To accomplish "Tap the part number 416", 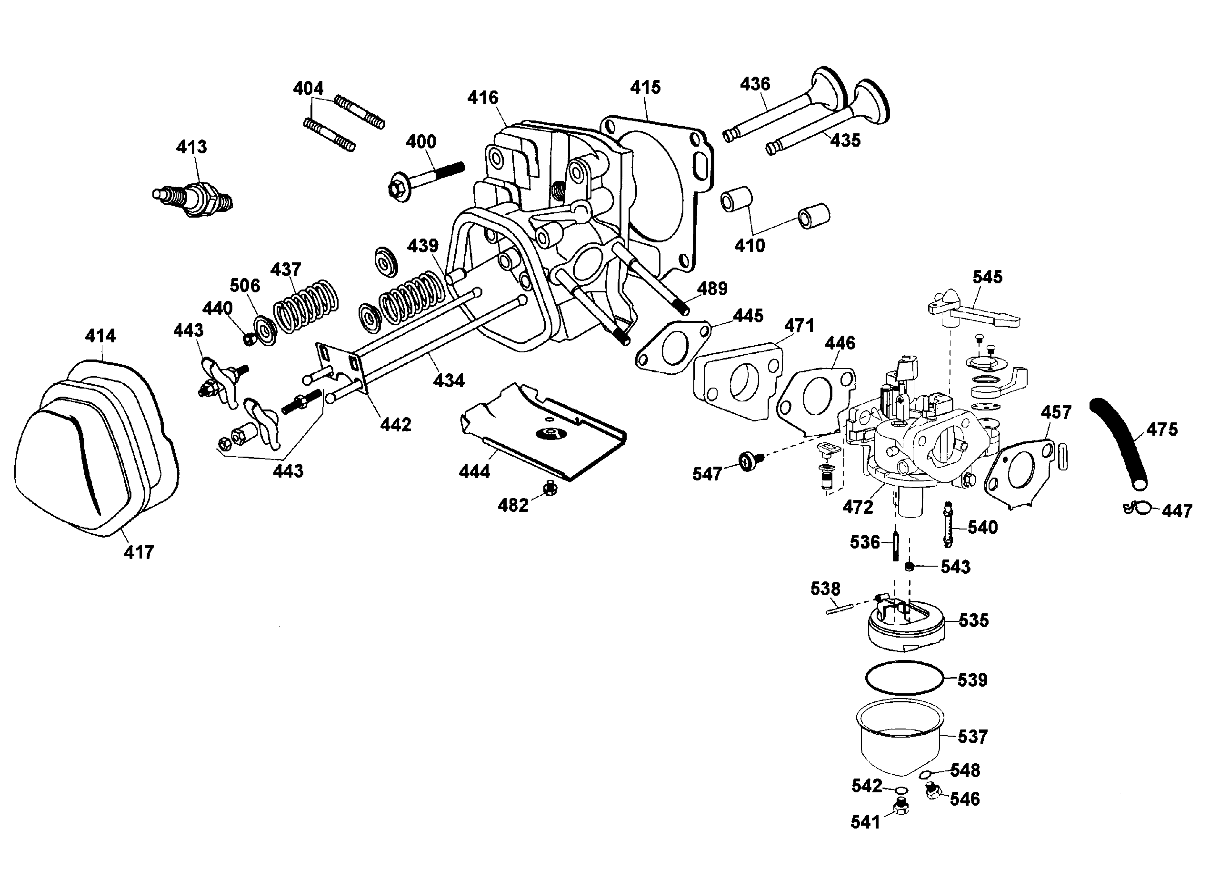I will click(x=483, y=98).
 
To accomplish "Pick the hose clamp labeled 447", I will click(x=1138, y=508).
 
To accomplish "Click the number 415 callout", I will click(x=645, y=88).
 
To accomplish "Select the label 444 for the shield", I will click(x=474, y=471).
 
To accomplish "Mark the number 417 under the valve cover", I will click(x=139, y=552).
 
